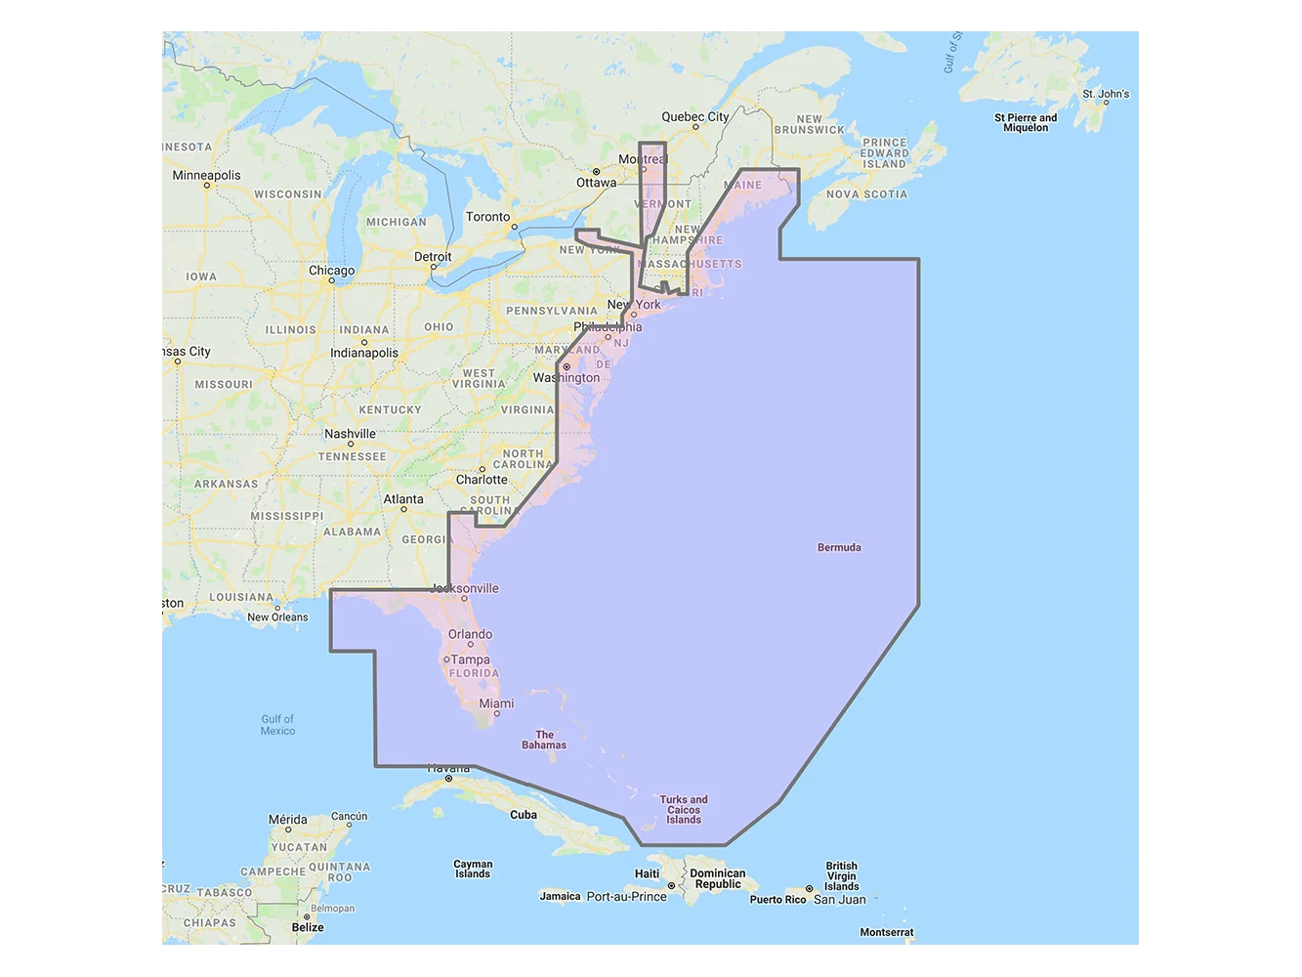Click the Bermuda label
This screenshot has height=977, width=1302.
839,548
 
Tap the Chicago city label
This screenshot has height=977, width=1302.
331,271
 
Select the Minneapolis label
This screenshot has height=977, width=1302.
206,176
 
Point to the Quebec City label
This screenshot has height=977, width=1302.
694,117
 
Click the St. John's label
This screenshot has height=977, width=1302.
1106,95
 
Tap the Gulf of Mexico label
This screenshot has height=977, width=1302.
277,725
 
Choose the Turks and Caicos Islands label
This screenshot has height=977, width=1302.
684,810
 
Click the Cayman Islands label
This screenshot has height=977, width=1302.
473,870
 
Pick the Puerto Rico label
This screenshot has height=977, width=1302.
777,900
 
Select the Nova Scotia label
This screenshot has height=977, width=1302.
866,194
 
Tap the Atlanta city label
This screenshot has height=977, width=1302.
403,499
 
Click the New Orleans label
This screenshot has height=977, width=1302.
277,617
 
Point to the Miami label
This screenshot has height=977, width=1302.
496,703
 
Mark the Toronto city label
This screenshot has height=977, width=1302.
487,217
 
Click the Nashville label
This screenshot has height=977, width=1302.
350,434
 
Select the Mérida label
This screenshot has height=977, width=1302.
287,820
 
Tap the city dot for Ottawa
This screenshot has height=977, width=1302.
596,172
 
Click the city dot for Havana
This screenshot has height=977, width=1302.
448,779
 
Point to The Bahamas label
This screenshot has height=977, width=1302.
544,741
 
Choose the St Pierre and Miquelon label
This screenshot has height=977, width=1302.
1026,122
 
